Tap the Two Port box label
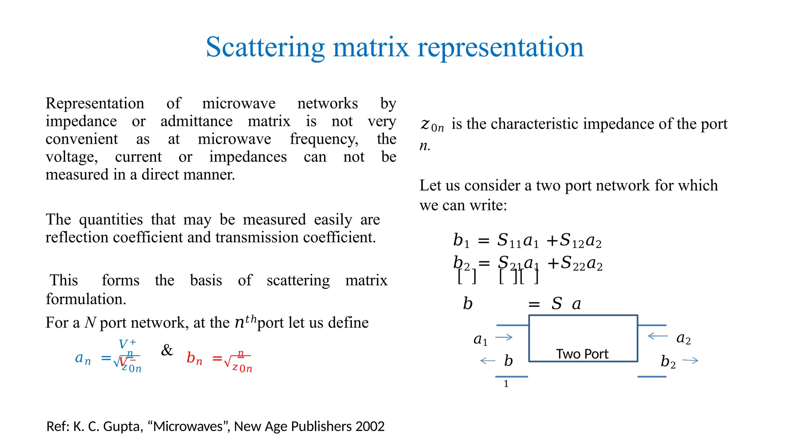coord(582,354)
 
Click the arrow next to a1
coord(504,337)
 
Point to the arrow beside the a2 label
coord(657,336)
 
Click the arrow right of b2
coord(690,361)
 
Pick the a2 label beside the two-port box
coord(683,339)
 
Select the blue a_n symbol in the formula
coord(83,359)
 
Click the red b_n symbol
coord(194,358)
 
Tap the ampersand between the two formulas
coord(167,350)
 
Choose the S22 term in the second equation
coord(573,263)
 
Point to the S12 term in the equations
coord(572,241)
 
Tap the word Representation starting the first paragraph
coord(95,104)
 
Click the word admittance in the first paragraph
coord(196,121)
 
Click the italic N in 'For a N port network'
coord(90,323)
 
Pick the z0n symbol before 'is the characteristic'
coord(432,125)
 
